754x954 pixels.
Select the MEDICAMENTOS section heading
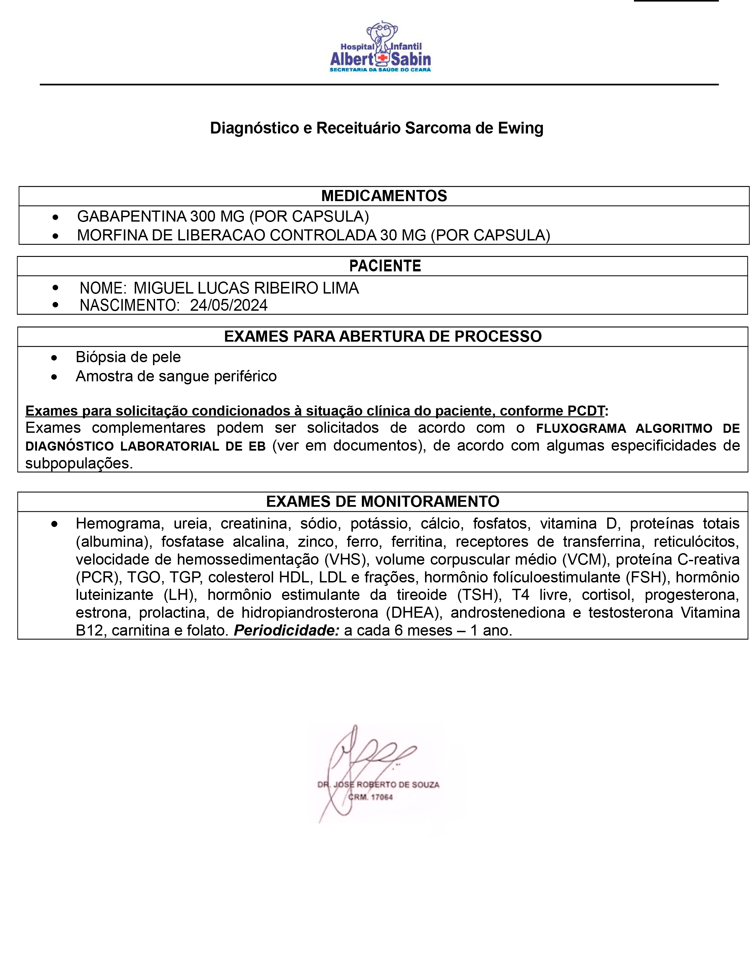coord(384,196)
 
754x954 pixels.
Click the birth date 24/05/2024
coord(228,305)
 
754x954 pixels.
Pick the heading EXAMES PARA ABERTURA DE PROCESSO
coord(382,337)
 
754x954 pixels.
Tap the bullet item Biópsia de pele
coord(128,357)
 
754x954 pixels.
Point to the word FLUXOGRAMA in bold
coord(580,429)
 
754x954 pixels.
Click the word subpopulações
coord(79,463)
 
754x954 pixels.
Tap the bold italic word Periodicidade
coord(287,631)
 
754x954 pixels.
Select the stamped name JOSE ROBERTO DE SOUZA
coord(386,785)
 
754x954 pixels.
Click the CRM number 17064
coord(381,797)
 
